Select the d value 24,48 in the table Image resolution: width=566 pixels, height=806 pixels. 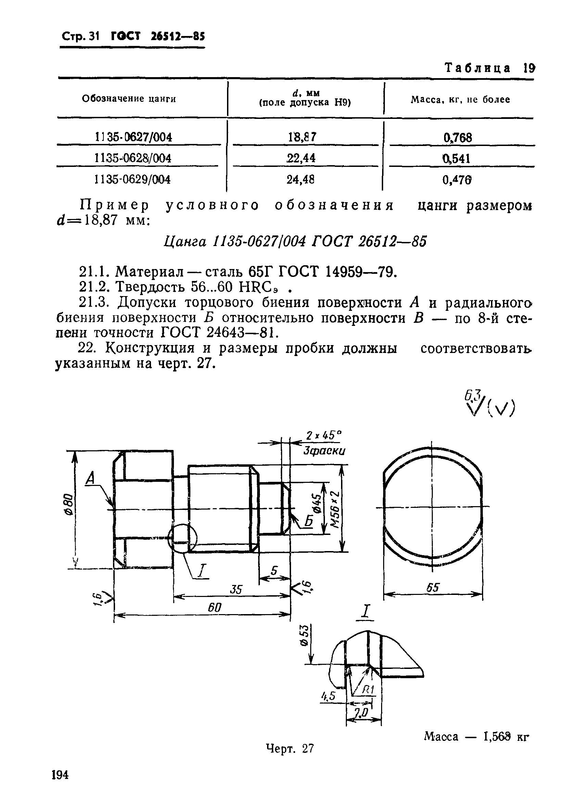pos(300,180)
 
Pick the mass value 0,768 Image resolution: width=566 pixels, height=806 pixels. pos(457,137)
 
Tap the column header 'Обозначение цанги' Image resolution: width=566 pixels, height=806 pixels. pos(129,99)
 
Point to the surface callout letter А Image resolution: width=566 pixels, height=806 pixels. pos(90,478)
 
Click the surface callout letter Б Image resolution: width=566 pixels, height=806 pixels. pos(308,522)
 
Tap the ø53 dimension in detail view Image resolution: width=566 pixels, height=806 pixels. pos(306,635)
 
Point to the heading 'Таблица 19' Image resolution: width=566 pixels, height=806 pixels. pos(490,68)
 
